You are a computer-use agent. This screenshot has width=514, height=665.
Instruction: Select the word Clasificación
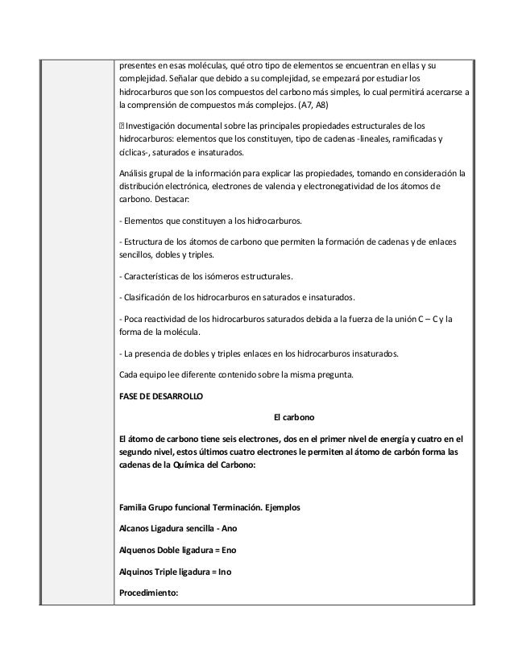(x=148, y=296)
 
